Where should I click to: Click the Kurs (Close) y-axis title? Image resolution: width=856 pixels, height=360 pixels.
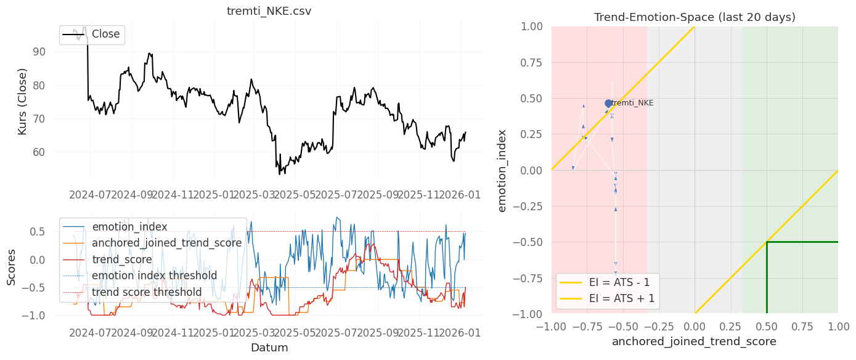pos(22,102)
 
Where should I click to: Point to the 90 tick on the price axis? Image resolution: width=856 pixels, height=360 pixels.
pos(38,52)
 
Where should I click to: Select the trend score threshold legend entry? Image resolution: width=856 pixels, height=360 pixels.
pos(147,292)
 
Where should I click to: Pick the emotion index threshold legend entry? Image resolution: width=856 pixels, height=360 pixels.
pos(154,276)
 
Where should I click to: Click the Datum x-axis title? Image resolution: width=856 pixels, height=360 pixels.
pos(269,348)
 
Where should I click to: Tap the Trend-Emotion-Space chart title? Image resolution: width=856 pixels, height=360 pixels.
pos(695,17)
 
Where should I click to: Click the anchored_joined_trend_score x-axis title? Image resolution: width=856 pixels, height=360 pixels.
pos(695,341)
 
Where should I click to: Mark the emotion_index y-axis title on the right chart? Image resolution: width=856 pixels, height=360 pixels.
pos(502,170)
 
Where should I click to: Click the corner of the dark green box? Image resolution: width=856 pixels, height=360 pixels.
pos(767,242)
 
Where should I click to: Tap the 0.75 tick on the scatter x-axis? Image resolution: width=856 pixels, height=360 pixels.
pos(802,326)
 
